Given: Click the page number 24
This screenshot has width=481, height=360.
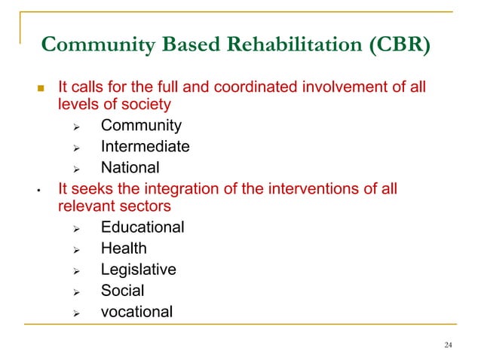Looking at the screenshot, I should [449, 345].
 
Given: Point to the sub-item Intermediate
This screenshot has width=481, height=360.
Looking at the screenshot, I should [145, 147].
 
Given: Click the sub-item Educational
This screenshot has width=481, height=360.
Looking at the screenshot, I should [142, 227].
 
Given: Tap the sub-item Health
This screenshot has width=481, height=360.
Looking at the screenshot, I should [124, 248].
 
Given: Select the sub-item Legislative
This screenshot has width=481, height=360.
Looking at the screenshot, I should [139, 269].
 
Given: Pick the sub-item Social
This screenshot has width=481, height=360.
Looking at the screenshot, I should [123, 290].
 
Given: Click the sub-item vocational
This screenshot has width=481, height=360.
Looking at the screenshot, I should [136, 311].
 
